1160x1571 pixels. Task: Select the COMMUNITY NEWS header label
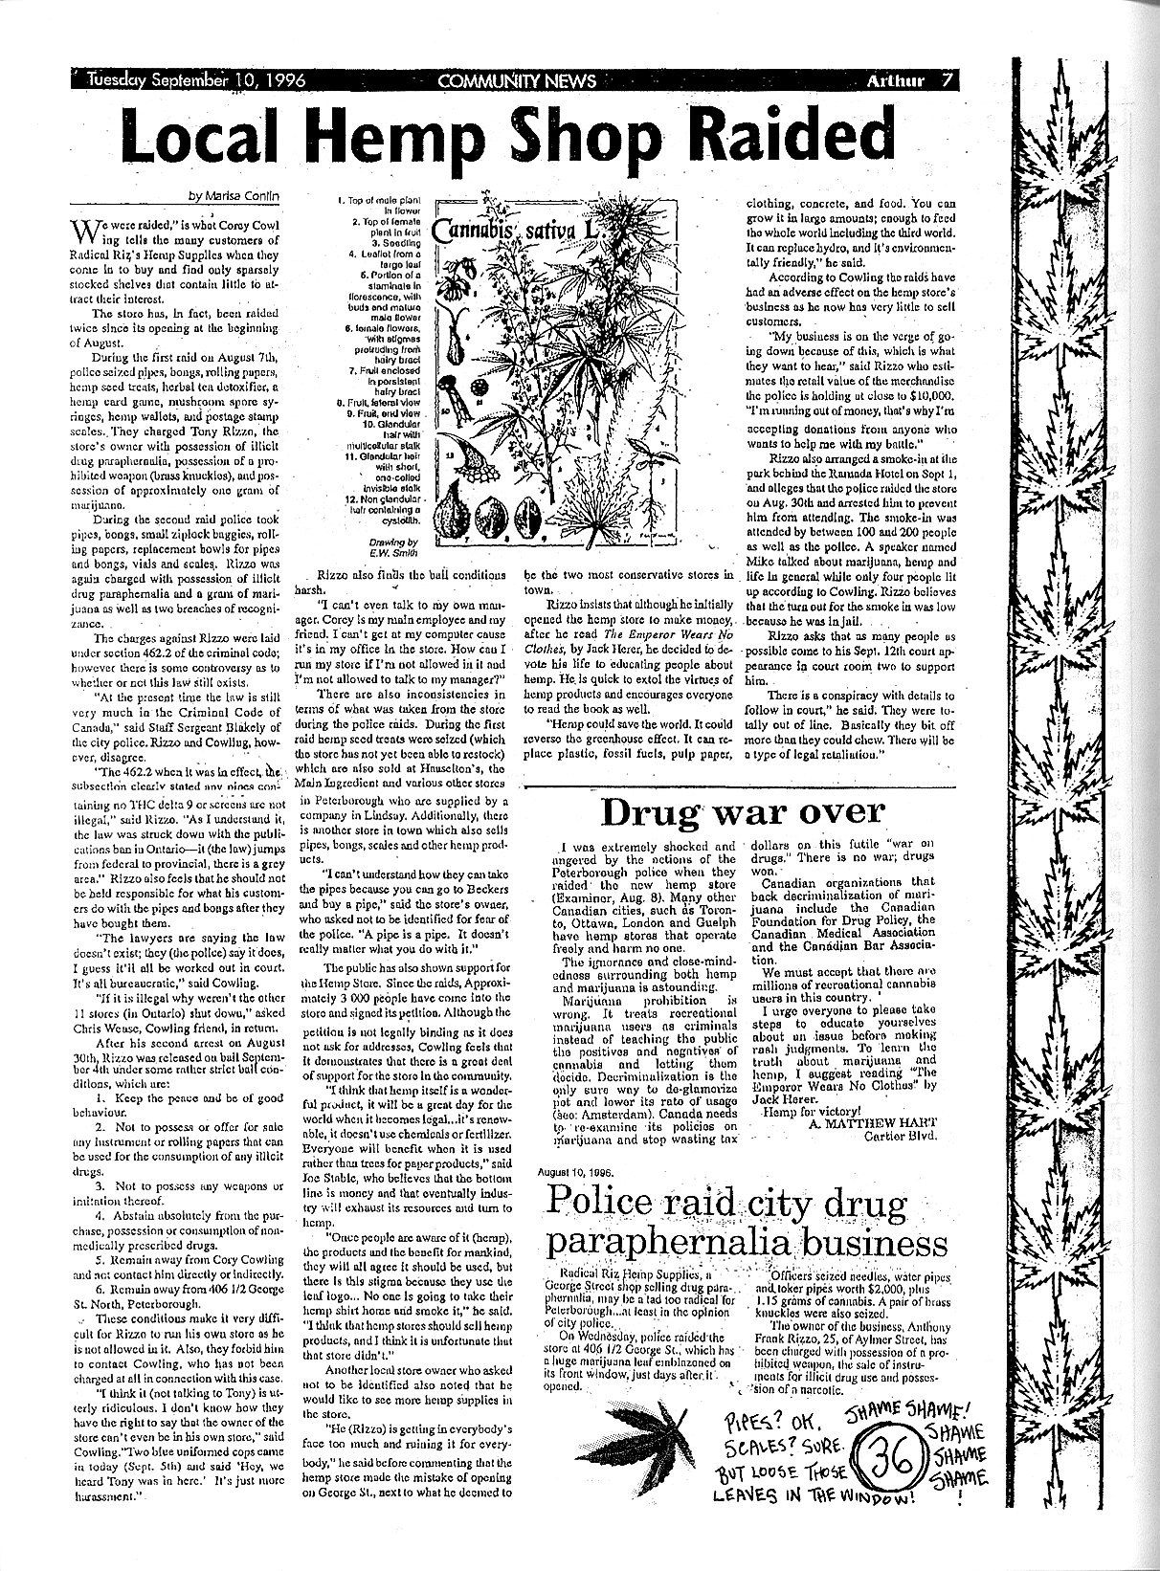tap(516, 81)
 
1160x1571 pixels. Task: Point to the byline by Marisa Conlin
tap(234, 197)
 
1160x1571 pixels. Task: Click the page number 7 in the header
tap(946, 81)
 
